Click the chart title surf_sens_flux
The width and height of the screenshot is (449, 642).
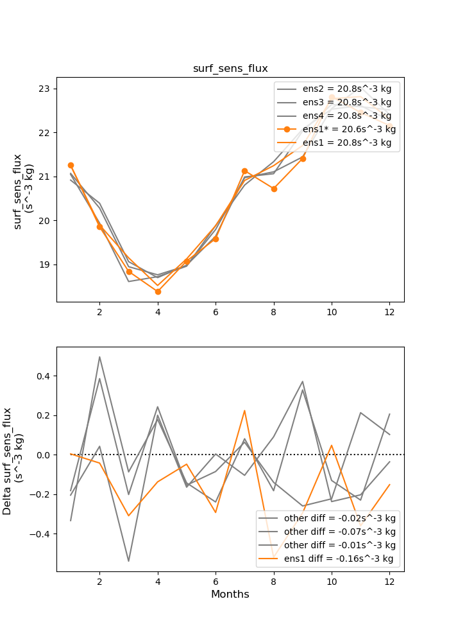[230, 69]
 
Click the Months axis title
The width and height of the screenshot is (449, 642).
[230, 594]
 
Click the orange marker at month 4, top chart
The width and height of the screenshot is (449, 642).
[158, 291]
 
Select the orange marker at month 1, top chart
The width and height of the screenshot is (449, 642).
[71, 165]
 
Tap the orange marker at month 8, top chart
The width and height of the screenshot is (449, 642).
[274, 189]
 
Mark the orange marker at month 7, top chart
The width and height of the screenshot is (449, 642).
[244, 171]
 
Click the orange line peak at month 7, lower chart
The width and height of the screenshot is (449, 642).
[244, 411]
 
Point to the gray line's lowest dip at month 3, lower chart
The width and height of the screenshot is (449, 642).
[129, 561]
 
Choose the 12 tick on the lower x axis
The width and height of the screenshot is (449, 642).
[389, 580]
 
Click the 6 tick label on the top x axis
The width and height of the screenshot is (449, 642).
[216, 311]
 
